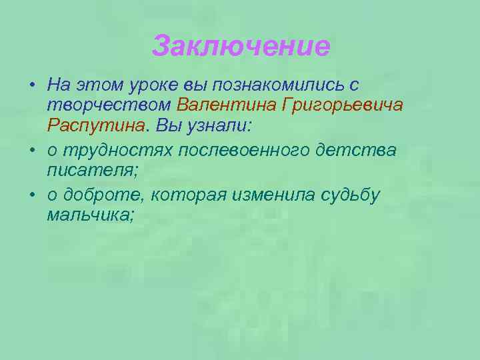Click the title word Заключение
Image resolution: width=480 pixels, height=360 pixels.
[x=241, y=47]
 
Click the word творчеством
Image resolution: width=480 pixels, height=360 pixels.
[x=109, y=105]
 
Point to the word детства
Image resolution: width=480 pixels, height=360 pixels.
[x=365, y=150]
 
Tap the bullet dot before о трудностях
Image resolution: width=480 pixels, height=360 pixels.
[x=32, y=151]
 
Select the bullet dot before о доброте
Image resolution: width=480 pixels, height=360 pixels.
[x=32, y=195]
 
